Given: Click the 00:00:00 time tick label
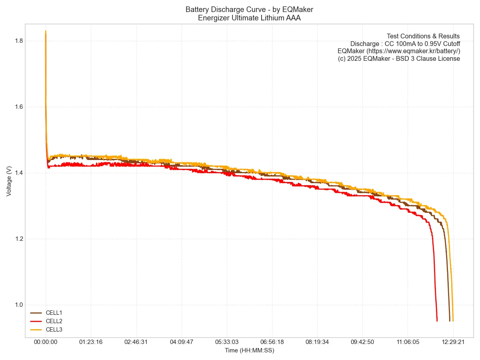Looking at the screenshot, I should click(x=46, y=342).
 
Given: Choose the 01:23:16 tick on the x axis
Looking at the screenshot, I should click(x=91, y=342).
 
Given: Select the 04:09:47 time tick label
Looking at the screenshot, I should click(x=182, y=342).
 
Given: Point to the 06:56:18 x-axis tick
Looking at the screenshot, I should click(x=272, y=342).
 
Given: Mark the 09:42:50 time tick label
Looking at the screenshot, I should click(x=362, y=342).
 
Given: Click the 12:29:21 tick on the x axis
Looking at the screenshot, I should click(x=453, y=342).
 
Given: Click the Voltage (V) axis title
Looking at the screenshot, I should click(x=9, y=181).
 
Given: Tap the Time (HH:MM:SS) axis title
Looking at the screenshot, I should click(x=249, y=350).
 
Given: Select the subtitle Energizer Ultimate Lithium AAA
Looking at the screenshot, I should click(x=249, y=18).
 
